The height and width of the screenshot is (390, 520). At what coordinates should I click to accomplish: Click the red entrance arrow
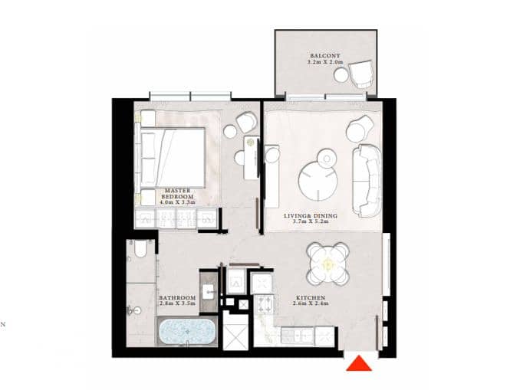(x=359, y=363)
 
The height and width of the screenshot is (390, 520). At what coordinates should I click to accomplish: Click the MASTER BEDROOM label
(x=177, y=194)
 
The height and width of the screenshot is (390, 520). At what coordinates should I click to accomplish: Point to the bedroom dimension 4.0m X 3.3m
(x=177, y=202)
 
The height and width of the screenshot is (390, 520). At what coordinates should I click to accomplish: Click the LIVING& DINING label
(x=311, y=216)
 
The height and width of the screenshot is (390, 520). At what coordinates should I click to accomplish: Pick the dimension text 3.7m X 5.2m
(x=311, y=221)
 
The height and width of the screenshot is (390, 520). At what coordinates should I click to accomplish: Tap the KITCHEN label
(x=311, y=298)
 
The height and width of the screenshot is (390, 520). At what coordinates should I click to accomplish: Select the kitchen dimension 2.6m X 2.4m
(x=311, y=303)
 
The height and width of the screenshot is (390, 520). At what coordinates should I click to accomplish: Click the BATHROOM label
(x=177, y=298)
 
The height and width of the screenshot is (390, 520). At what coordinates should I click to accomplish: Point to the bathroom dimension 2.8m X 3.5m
(x=177, y=303)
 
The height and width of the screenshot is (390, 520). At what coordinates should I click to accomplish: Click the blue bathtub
(x=187, y=332)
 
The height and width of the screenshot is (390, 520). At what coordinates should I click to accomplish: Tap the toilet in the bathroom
(x=140, y=248)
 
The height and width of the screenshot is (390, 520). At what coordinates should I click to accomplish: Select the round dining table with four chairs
(x=328, y=264)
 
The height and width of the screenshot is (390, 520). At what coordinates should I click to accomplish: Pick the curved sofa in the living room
(x=367, y=181)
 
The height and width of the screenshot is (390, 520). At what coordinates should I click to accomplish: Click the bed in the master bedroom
(x=172, y=158)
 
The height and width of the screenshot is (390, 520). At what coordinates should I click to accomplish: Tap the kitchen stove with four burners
(x=265, y=306)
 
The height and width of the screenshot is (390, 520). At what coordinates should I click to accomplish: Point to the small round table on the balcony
(x=341, y=75)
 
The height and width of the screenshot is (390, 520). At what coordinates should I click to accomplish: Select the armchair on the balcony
(x=361, y=74)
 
